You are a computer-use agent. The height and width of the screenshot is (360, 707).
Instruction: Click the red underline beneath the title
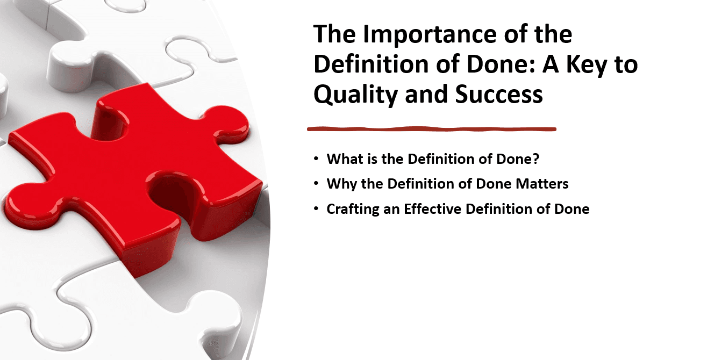pyautogui.click(x=431, y=129)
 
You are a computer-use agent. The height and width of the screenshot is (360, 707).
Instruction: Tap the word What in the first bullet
pyautogui.click(x=342, y=159)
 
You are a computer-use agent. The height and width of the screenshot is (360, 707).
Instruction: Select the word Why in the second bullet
pyautogui.click(x=339, y=184)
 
